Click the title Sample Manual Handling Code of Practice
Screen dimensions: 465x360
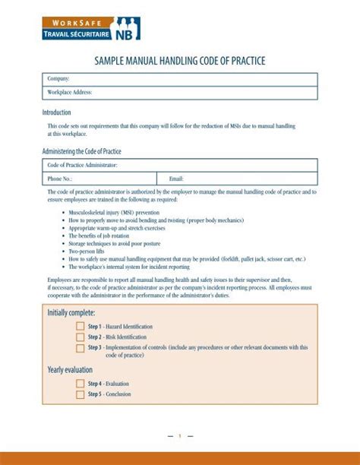click(179, 61)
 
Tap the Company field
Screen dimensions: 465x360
click(179, 79)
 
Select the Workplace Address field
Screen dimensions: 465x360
click(179, 93)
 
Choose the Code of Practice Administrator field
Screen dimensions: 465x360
click(179, 165)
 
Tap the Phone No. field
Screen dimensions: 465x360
click(99, 179)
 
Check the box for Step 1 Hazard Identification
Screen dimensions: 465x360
click(80, 326)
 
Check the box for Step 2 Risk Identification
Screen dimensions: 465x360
click(80, 337)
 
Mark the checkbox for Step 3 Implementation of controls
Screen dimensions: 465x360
click(80, 348)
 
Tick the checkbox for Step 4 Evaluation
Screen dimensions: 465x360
click(80, 384)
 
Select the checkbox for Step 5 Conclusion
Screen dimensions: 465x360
click(80, 395)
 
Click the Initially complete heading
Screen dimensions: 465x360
click(71, 312)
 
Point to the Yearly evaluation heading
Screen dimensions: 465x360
click(70, 370)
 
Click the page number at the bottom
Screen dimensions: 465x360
click(180, 436)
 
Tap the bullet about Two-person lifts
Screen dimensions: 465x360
click(90, 251)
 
